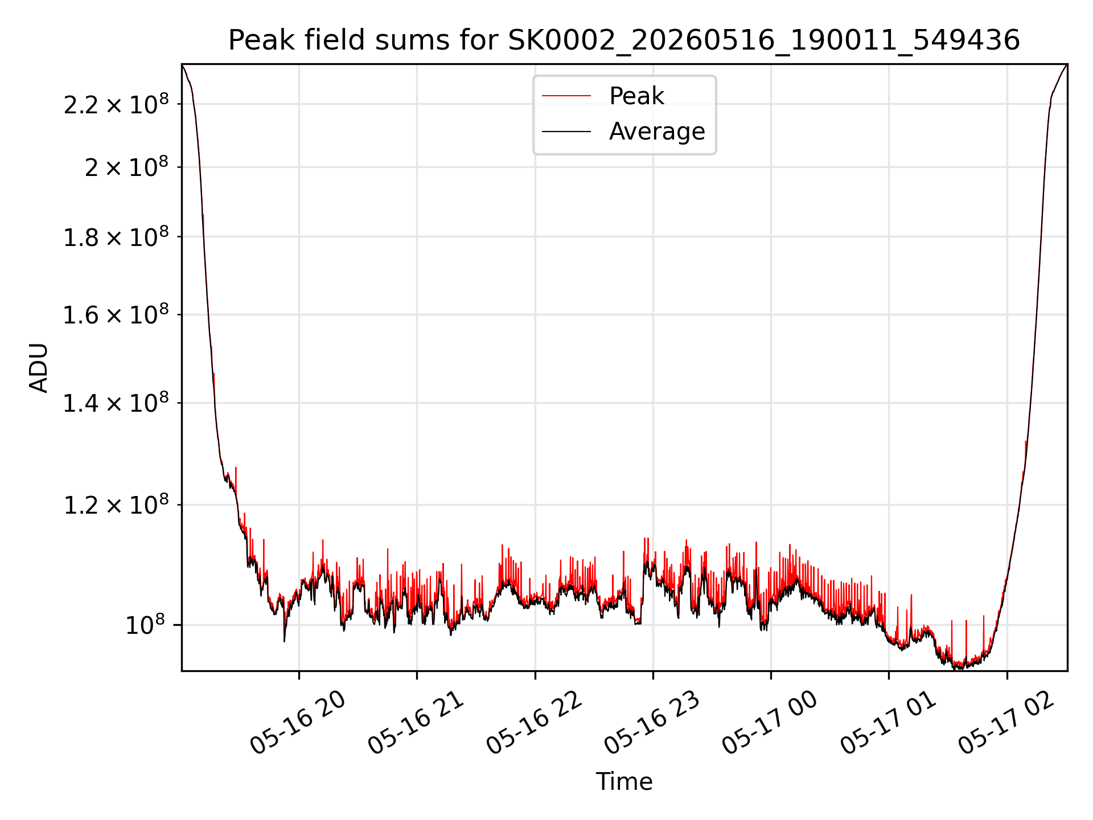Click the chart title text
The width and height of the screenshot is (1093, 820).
(624, 40)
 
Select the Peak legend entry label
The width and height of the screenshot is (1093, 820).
(636, 96)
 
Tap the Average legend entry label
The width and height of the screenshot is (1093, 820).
(657, 132)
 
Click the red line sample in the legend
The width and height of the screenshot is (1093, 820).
(566, 96)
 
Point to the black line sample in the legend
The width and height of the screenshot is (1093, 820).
(566, 132)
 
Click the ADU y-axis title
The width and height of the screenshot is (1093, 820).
(39, 368)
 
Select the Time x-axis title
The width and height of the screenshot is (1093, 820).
(624, 782)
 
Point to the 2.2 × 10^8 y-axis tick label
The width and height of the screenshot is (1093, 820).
(116, 104)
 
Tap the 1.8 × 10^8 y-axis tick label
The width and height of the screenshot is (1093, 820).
(116, 237)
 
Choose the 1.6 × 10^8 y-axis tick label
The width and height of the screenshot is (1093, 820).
(116, 314)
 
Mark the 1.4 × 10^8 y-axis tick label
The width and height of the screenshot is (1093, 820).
(116, 403)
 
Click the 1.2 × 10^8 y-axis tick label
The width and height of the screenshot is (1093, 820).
(116, 505)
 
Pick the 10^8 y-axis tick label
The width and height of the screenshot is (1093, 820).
(145, 625)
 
